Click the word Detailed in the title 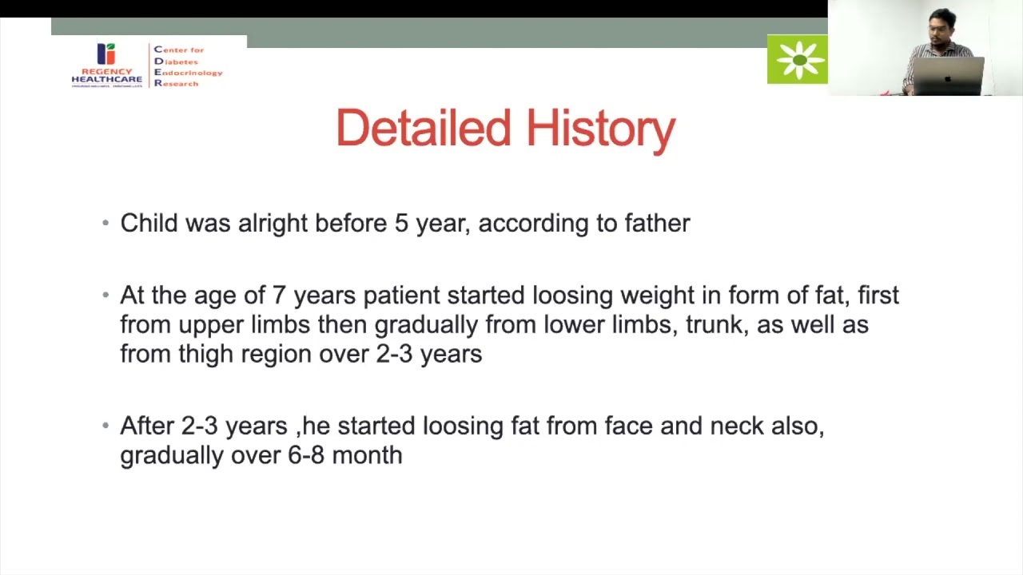(423, 129)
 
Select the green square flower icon (797, 59)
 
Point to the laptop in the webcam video (949, 77)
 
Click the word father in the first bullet (657, 224)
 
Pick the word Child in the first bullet (149, 224)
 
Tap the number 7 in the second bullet (279, 295)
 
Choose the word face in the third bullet (628, 426)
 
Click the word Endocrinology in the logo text (188, 73)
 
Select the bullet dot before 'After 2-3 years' (105, 426)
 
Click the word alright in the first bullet (272, 224)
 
